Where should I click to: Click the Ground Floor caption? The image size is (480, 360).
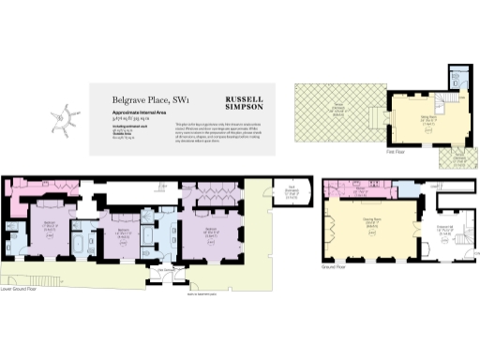tap(335, 266)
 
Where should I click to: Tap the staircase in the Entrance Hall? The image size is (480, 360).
tap(459, 241)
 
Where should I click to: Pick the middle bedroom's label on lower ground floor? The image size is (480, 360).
tap(123, 232)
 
